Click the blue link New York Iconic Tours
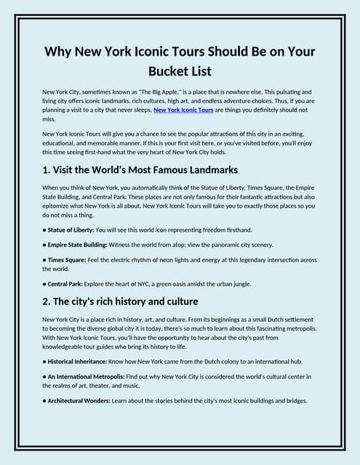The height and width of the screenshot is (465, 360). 183,110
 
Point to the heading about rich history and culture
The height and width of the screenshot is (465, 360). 120,301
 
